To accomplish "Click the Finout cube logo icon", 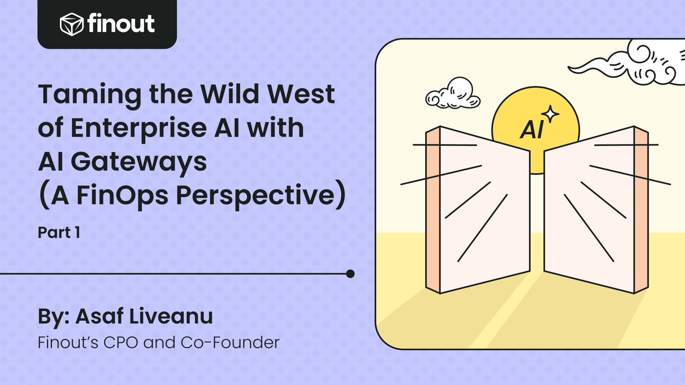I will pyautogui.click(x=71, y=24).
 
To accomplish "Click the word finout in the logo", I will pyautogui.click(x=121, y=23).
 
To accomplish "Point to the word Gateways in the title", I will pyautogui.click(x=139, y=161).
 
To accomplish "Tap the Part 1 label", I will pyautogui.click(x=59, y=232).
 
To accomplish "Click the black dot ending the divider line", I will pyautogui.click(x=350, y=274).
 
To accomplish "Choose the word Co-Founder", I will pyautogui.click(x=230, y=343).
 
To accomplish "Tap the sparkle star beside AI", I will pyautogui.click(x=550, y=114).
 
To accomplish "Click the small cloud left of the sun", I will pyautogui.click(x=453, y=94).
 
